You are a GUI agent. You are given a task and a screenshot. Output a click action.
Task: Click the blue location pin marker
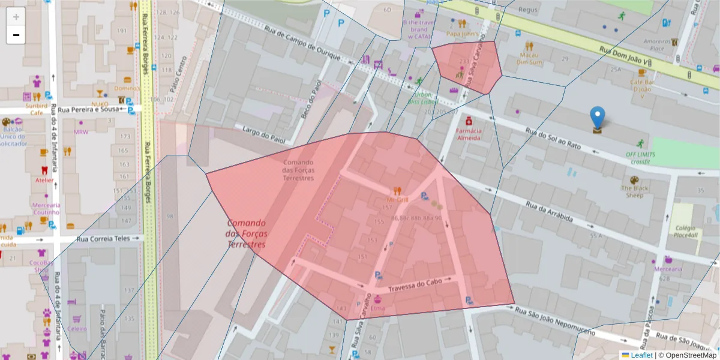click(597, 118)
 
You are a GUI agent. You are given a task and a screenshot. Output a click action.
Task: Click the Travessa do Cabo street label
click(415, 286)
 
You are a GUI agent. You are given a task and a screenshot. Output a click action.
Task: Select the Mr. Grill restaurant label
click(398, 199)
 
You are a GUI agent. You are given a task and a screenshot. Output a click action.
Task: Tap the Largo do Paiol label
click(262, 133)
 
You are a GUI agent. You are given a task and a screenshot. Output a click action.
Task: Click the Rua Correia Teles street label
click(103, 238)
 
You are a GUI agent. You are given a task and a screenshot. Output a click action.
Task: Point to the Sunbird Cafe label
click(37, 109)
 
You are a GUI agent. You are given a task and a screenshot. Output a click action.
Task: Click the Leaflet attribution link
click(641, 355)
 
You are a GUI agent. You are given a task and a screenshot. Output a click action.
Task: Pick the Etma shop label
click(378, 308)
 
